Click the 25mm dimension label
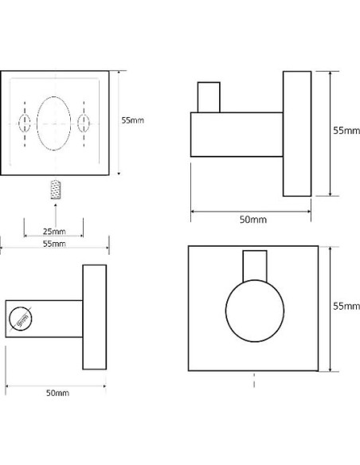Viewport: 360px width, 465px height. click(54, 231)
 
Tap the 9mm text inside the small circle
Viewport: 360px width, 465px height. click(22, 321)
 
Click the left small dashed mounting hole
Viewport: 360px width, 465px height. click(25, 123)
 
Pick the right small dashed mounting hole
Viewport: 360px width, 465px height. click(84, 123)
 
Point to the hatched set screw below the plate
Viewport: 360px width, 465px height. click(56, 190)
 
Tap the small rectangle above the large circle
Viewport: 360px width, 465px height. click(255, 266)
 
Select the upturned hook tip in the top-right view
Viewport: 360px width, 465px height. click(209, 97)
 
